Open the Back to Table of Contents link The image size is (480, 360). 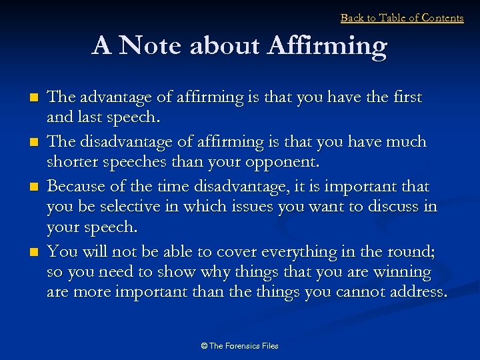[x=402, y=18]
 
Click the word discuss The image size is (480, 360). [x=393, y=207]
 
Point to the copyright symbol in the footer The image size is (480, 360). [x=204, y=346]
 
